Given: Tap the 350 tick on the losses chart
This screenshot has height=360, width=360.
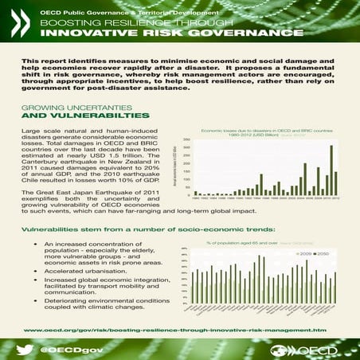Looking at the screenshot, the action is coord(186,139).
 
